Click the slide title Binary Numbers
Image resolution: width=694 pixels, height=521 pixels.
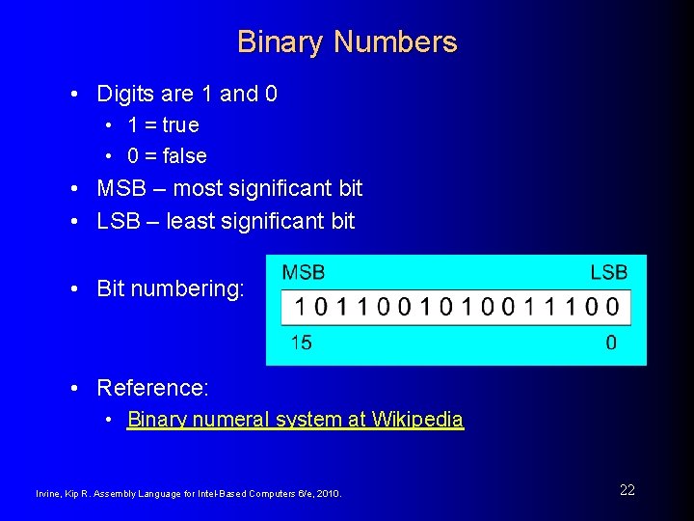pyautogui.click(x=347, y=42)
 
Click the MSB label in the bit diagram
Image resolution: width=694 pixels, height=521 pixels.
pyautogui.click(x=303, y=273)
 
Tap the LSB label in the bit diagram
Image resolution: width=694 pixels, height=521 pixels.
pyautogui.click(x=608, y=273)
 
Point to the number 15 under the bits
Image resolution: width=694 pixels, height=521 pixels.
pyautogui.click(x=301, y=343)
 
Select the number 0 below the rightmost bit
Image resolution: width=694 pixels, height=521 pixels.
pyautogui.click(x=611, y=343)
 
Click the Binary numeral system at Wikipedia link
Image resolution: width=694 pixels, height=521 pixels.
pyautogui.click(x=295, y=420)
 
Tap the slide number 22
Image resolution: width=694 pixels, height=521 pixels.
pyautogui.click(x=627, y=490)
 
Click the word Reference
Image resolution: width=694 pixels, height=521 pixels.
pyautogui.click(x=151, y=388)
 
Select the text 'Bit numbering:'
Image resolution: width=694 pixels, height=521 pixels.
pyautogui.click(x=171, y=288)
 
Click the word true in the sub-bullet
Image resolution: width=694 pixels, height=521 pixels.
pyautogui.click(x=180, y=125)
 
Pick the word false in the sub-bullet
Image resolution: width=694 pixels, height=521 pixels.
pyautogui.click(x=185, y=156)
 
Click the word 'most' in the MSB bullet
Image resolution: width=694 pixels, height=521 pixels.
pyautogui.click(x=196, y=188)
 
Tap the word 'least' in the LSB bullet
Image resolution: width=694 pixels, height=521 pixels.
pyautogui.click(x=188, y=221)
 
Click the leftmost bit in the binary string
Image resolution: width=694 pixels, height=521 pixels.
pyautogui.click(x=302, y=309)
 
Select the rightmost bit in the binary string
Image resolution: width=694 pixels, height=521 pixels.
pyautogui.click(x=613, y=309)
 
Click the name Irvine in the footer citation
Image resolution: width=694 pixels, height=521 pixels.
pyautogui.click(x=48, y=494)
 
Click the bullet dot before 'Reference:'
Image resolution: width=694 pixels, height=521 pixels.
pyautogui.click(x=75, y=388)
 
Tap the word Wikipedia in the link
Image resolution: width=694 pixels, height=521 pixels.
pyautogui.click(x=417, y=420)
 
